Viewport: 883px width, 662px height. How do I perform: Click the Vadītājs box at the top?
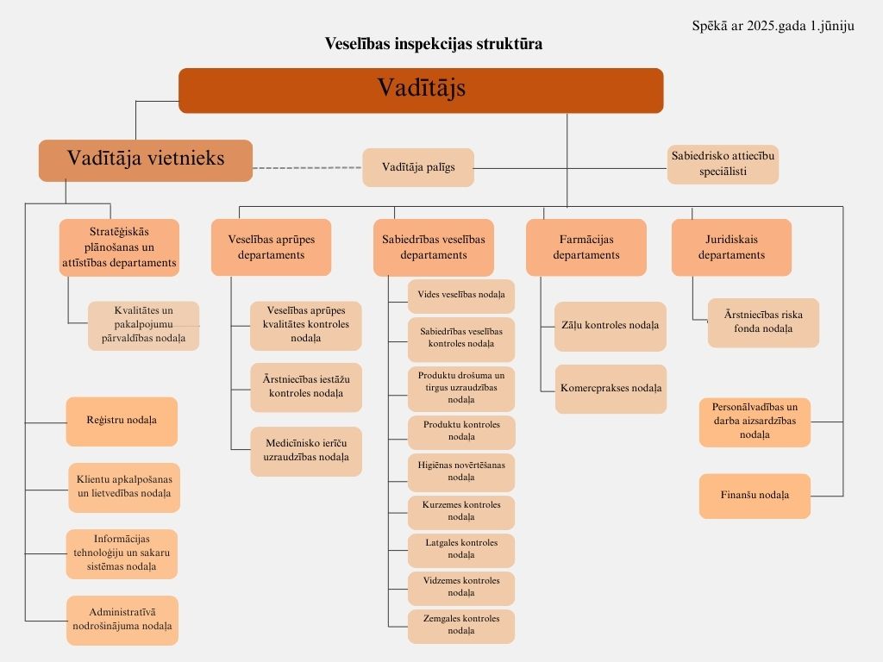[421, 91]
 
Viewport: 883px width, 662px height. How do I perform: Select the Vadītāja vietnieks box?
[145, 160]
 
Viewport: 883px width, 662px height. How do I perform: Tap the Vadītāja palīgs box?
[418, 167]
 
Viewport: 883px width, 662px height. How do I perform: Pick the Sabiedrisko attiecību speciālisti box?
[723, 165]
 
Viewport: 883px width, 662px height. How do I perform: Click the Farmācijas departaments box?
[586, 247]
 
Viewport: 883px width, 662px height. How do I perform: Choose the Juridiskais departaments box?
[731, 247]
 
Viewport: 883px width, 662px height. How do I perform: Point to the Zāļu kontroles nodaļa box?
[610, 326]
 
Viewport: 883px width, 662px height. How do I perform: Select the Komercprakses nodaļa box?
[611, 389]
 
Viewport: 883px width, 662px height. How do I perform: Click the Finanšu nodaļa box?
[755, 496]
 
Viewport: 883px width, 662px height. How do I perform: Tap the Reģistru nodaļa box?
[122, 421]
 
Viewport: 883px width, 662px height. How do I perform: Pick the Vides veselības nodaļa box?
[461, 297]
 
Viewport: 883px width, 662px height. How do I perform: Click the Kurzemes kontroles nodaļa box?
[461, 512]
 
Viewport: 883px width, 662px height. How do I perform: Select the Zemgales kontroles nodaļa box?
[461, 626]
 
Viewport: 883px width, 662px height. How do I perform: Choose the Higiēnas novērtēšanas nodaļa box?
[461, 472]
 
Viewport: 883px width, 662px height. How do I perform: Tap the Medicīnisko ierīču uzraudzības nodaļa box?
[306, 452]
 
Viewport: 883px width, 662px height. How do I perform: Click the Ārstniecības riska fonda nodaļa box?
[763, 322]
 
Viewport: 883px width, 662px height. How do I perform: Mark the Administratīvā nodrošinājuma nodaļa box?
[122, 620]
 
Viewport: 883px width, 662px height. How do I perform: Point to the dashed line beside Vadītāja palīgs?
[308, 168]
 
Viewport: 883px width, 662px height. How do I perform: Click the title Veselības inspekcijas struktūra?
[434, 44]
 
